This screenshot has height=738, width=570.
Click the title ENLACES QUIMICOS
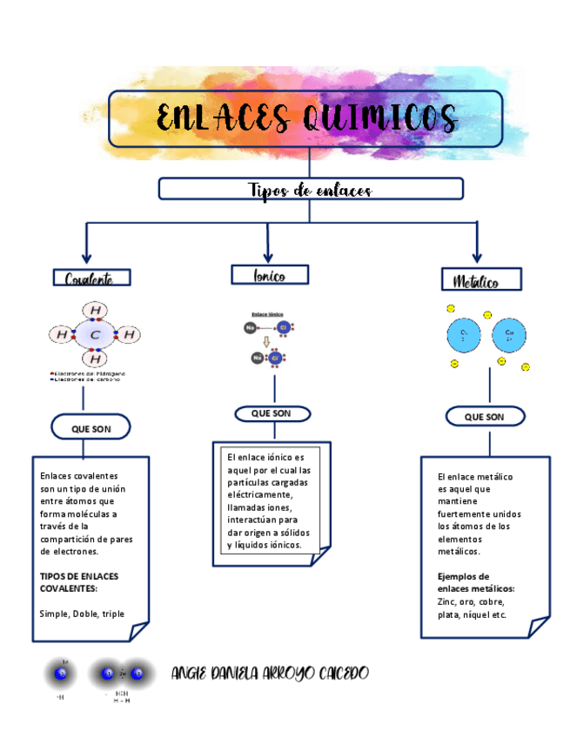point(306,117)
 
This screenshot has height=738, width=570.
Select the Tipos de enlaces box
point(310,189)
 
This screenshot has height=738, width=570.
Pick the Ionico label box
point(270,275)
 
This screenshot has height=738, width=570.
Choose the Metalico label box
point(476,280)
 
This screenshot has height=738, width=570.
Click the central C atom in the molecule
point(95,334)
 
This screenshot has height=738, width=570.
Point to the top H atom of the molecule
point(95,311)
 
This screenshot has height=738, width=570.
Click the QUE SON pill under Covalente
point(91,428)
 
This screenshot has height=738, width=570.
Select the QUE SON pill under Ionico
point(271,413)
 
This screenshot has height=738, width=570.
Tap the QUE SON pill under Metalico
point(484,417)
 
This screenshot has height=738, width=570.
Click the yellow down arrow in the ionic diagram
point(266,342)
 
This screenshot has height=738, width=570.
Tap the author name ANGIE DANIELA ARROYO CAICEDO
point(271,674)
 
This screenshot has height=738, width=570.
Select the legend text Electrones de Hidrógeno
point(91,372)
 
